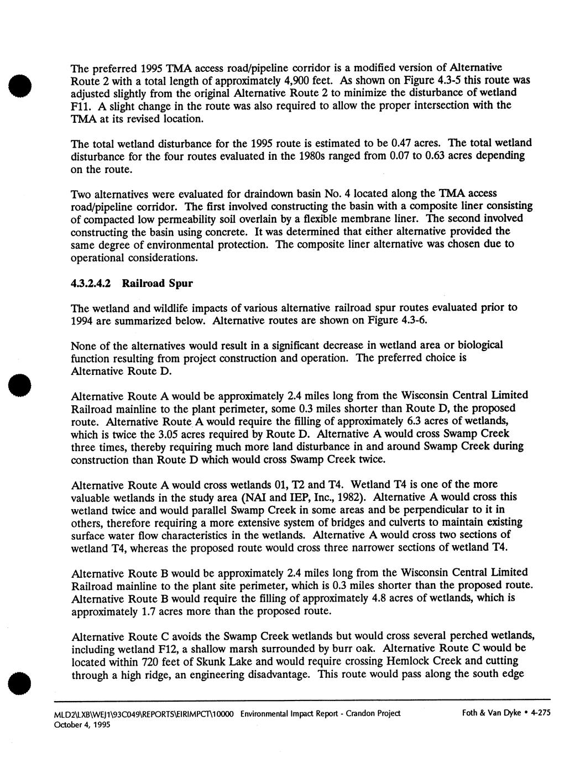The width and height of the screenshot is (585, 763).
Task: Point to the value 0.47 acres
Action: pos(389,143)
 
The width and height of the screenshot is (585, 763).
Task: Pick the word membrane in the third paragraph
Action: pos(374,218)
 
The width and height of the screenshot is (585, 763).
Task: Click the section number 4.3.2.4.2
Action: pos(92,284)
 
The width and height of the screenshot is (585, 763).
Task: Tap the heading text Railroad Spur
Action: pos(158,284)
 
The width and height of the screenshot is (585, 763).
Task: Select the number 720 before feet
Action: pos(151,661)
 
